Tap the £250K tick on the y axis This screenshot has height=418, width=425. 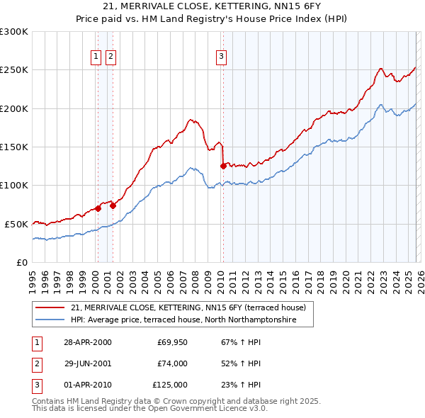14,70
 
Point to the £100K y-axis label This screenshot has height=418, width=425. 14,185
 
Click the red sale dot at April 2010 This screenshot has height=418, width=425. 223,166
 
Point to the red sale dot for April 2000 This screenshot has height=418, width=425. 98,208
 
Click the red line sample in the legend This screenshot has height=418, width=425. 50,308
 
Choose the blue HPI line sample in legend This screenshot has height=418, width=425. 50,320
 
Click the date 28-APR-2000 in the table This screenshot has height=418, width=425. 87,342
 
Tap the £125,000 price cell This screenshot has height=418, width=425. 170,385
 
